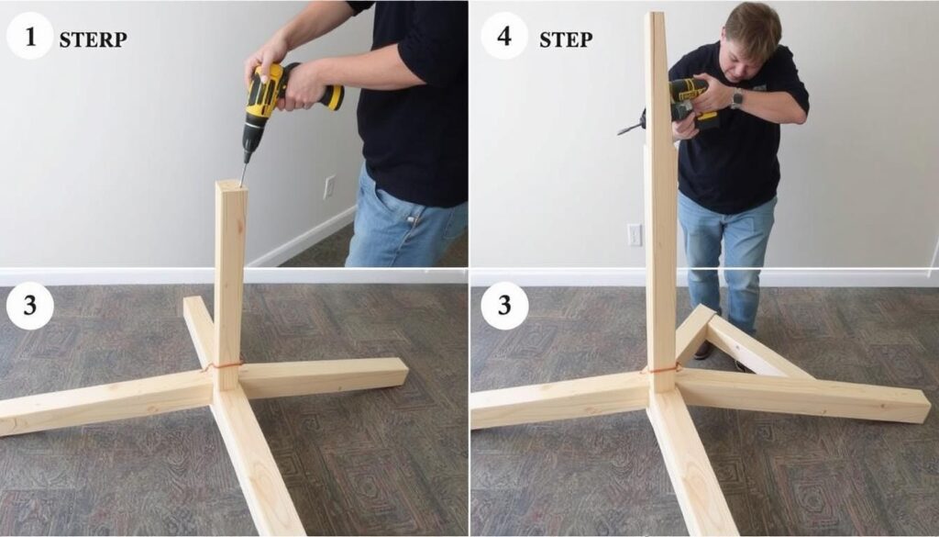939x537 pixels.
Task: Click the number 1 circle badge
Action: (30, 36)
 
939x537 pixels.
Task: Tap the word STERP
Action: (93, 39)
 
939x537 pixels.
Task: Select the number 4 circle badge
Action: (504, 36)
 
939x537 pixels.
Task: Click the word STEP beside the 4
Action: (566, 39)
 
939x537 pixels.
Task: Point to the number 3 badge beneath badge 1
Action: (30, 306)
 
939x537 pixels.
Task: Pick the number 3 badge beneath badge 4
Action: (504, 306)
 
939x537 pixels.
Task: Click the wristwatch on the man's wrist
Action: (736, 98)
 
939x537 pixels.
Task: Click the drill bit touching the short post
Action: (243, 173)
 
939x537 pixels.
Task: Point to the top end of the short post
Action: (231, 185)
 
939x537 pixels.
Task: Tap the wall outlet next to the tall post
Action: (635, 234)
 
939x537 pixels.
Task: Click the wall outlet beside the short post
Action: (329, 187)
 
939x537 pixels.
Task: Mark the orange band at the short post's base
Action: (223, 365)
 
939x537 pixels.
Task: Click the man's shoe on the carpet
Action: (703, 350)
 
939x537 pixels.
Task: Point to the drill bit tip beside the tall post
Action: (619, 132)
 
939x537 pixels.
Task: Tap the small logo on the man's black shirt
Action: (759, 87)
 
